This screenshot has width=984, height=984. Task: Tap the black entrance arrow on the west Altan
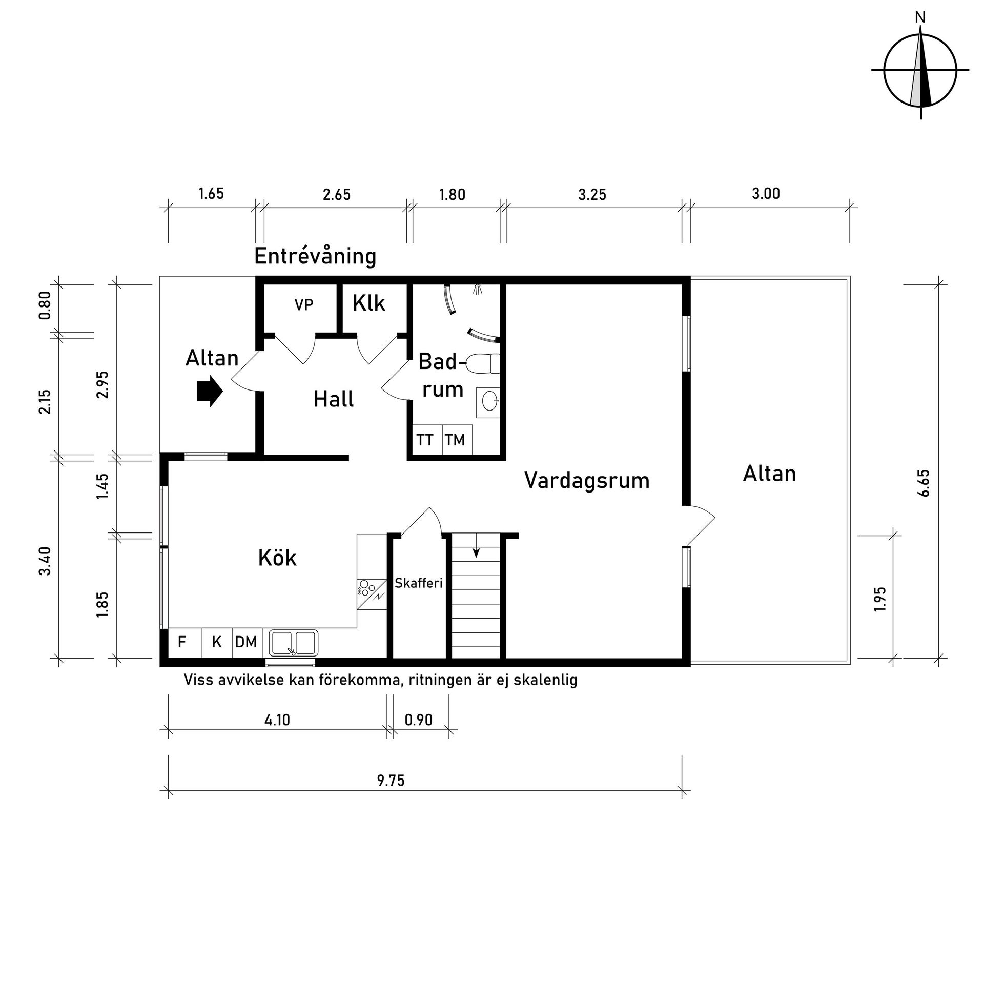coord(210,392)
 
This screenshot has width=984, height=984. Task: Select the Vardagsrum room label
coord(587,481)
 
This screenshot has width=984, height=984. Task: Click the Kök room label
coord(277,558)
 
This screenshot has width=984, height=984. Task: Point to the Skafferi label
coord(419,583)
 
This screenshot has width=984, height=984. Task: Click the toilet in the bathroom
coord(482,363)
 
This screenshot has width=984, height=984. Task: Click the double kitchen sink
coord(293,643)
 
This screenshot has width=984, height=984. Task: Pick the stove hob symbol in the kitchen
coord(372,594)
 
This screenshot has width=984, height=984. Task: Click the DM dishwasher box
coord(247,643)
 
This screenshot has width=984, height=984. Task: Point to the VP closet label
coord(303,305)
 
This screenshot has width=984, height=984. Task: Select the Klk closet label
coord(368,303)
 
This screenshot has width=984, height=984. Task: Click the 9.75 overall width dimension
coord(391,781)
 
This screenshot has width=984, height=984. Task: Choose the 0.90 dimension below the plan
coord(419,720)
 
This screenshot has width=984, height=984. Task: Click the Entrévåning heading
coord(315,256)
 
